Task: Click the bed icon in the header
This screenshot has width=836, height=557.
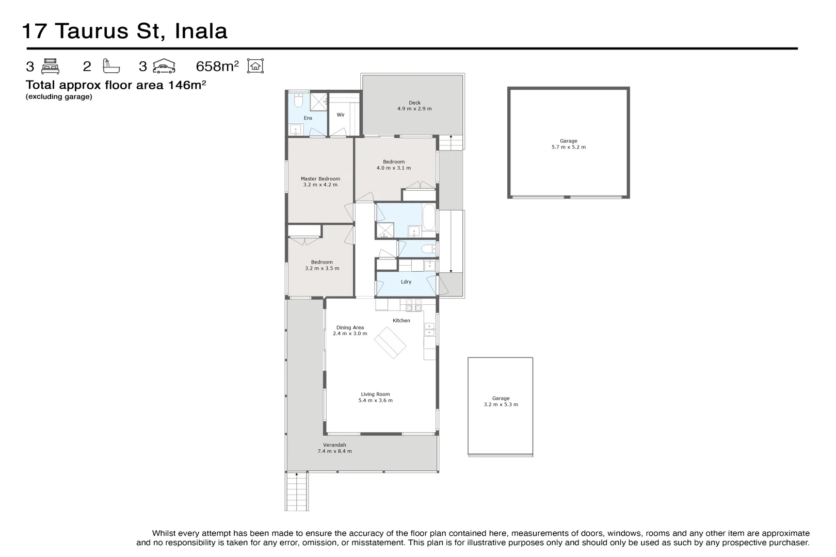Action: (x=51, y=67)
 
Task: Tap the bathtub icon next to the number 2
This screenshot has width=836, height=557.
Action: (x=111, y=66)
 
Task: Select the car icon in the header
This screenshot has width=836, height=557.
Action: (x=164, y=66)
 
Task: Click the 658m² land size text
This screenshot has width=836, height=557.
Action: (x=217, y=67)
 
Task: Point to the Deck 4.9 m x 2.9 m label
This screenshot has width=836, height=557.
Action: (x=414, y=106)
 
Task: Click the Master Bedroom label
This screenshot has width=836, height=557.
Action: (x=320, y=182)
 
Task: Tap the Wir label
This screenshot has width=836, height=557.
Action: (x=341, y=115)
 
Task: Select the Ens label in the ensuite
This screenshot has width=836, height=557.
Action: (x=308, y=118)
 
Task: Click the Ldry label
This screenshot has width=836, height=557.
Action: (x=406, y=282)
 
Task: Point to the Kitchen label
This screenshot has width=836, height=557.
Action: (x=401, y=321)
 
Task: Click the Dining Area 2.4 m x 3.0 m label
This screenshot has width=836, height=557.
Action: (x=350, y=331)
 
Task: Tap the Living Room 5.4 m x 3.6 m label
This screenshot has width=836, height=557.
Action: (x=375, y=397)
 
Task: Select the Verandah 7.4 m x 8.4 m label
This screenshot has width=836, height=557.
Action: (x=334, y=448)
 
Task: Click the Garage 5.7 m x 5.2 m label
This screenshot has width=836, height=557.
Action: (x=568, y=144)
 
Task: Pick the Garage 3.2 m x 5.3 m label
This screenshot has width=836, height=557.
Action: (x=501, y=401)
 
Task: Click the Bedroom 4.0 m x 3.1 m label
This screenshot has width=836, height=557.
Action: (x=394, y=165)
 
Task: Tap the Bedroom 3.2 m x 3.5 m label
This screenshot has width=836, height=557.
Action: (x=322, y=265)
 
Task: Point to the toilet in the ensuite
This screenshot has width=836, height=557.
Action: (x=298, y=99)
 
